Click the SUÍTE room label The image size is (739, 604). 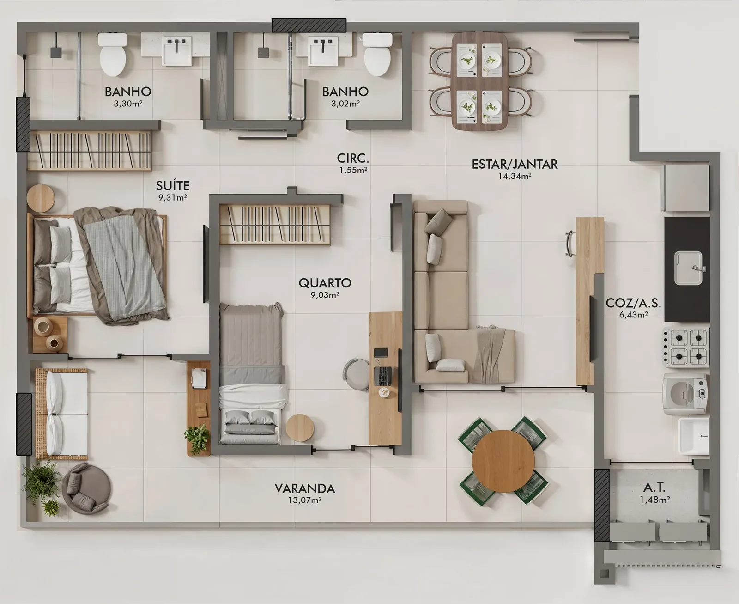173,185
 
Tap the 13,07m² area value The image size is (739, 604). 305,500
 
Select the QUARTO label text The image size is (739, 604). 325,283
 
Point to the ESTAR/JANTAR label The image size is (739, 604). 515,164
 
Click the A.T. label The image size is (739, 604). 654,487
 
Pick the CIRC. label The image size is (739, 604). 353,159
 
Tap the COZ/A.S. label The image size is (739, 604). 633,303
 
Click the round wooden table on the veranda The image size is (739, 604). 503,461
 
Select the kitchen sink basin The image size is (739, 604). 688,268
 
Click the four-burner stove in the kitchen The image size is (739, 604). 686,347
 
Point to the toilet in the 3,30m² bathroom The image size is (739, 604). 113,55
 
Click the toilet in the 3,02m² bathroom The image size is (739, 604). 377,55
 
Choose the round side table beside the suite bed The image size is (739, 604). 41,198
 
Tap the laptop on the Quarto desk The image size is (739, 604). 383,376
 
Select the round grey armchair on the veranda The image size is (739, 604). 86,488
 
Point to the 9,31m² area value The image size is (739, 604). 172,197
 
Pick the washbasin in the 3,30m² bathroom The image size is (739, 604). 177,51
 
